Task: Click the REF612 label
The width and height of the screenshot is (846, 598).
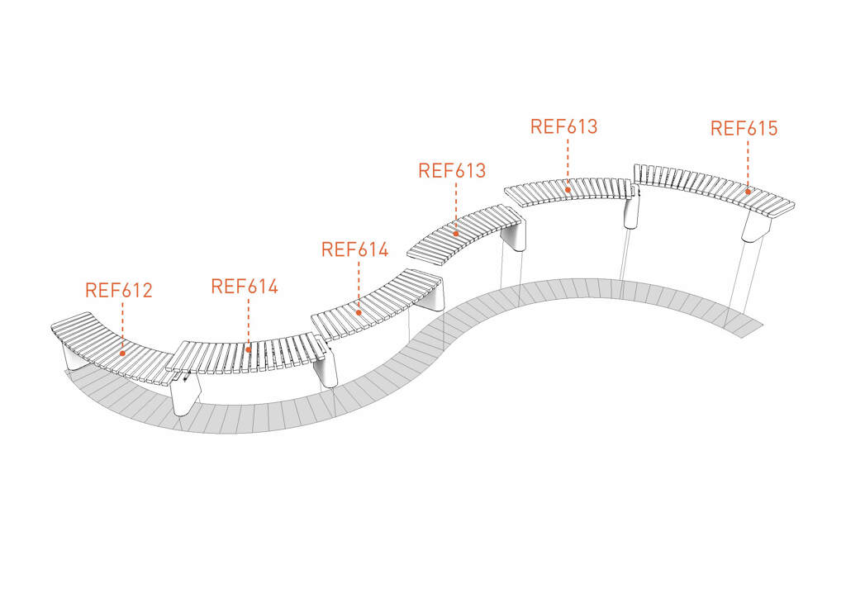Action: click(x=119, y=290)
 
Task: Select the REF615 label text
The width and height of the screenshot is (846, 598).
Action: click(x=744, y=128)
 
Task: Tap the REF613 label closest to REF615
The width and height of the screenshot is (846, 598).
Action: click(x=563, y=126)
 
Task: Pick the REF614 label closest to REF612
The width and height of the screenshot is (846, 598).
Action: click(x=245, y=287)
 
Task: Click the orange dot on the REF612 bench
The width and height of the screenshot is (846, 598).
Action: click(x=122, y=354)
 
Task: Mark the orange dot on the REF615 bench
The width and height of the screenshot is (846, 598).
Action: click(x=748, y=192)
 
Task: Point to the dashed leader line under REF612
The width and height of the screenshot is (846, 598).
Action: click(x=122, y=325)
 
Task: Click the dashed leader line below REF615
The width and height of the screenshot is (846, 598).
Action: click(x=748, y=164)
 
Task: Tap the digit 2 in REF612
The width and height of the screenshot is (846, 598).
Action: click(x=146, y=290)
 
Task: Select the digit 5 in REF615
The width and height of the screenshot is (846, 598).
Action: click(x=772, y=128)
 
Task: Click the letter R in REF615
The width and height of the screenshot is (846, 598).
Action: click(x=716, y=128)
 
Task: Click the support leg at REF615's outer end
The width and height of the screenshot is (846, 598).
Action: click(x=753, y=226)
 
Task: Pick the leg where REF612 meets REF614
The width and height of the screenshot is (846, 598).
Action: click(x=186, y=395)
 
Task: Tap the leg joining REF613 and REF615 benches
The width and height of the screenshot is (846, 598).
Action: click(x=631, y=212)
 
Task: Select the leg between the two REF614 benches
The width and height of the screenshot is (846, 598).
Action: click(x=326, y=368)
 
